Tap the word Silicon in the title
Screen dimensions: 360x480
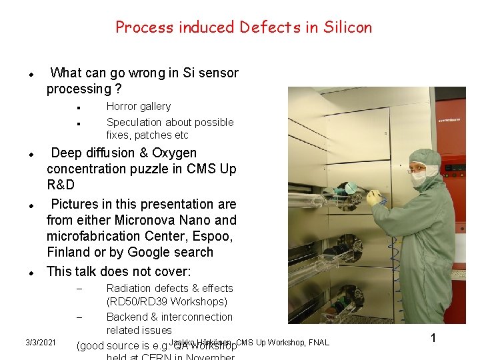348,27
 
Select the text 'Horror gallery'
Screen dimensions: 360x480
139,107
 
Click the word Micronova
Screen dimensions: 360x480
149,220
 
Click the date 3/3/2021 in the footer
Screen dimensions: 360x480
40,343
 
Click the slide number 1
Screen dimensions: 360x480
433,338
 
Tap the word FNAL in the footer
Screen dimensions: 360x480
319,343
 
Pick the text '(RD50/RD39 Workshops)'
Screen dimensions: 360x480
167,302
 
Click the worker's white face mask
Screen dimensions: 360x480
418,179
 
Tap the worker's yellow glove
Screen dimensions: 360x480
374,197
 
